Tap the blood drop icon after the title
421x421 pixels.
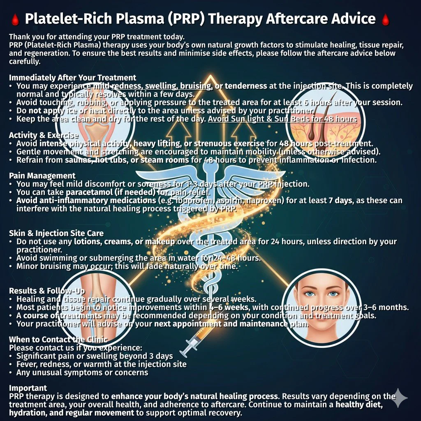click(x=385, y=19)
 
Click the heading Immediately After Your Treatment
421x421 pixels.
click(x=72, y=77)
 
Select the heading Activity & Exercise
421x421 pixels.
click(x=44, y=135)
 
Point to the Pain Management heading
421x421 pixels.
click(x=42, y=176)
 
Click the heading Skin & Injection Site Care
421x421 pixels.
click(x=56, y=233)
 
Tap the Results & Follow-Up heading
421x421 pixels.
click(x=47, y=291)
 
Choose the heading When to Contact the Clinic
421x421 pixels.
click(x=58, y=339)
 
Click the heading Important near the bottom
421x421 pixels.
click(x=28, y=388)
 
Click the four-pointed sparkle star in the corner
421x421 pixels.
click(x=400, y=398)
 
